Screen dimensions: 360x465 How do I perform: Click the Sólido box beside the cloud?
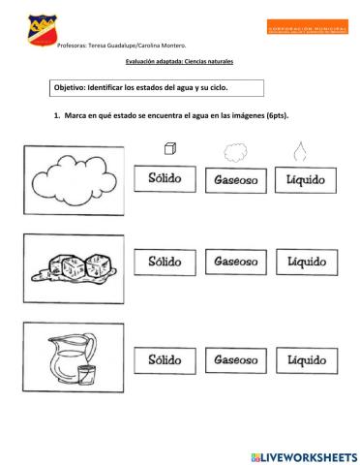tap(165, 180)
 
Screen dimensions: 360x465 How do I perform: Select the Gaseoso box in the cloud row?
tap(235, 180)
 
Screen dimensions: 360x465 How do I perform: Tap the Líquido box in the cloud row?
tap(306, 180)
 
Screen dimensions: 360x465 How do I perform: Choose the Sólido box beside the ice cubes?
tap(165, 262)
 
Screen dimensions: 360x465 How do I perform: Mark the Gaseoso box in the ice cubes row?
tap(235, 262)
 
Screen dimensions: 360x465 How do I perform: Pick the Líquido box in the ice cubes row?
tap(306, 262)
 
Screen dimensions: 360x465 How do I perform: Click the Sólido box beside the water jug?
tap(165, 358)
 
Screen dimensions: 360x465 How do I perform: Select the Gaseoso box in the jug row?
tap(235, 358)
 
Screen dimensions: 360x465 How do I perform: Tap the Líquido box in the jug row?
tap(306, 358)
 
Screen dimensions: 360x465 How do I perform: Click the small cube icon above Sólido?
tap(169, 148)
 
